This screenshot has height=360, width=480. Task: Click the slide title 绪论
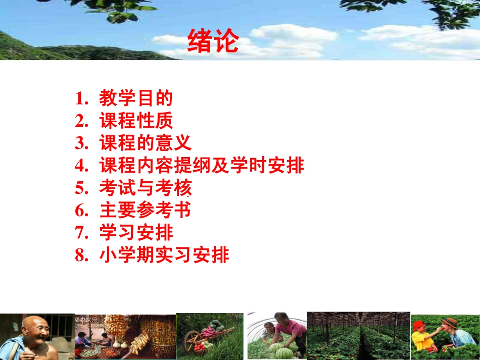(213, 42)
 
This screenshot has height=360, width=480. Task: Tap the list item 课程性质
(136, 121)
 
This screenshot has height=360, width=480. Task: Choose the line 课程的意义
(146, 143)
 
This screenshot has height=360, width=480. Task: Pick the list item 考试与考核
(146, 188)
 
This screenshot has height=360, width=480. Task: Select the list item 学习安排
(136, 233)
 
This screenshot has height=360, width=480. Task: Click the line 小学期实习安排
(164, 255)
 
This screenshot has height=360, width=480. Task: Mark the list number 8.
(81, 255)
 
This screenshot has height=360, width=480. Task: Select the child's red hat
(419, 326)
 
